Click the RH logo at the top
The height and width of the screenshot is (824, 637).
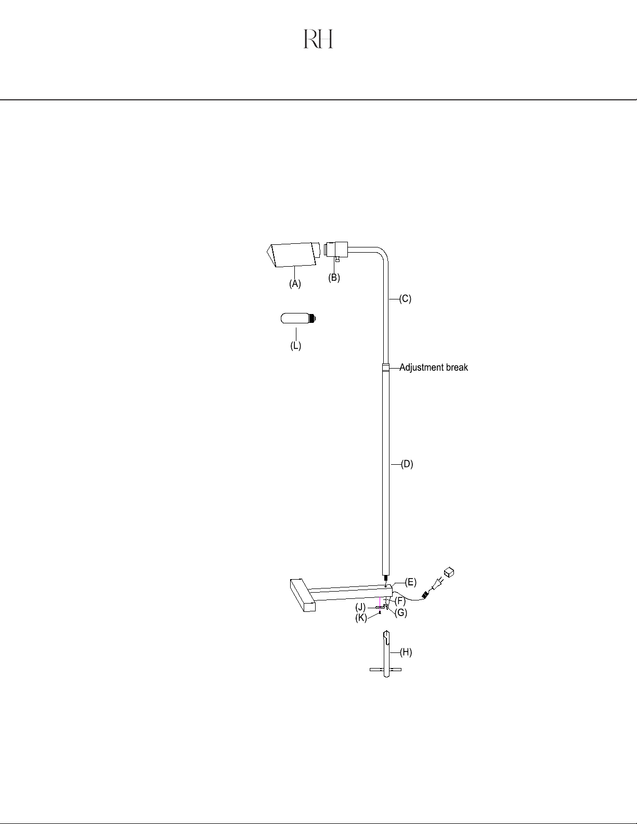[318, 39]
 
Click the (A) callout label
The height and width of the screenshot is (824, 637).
[295, 284]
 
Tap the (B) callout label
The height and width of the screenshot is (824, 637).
[334, 278]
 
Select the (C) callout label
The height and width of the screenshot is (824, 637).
[405, 299]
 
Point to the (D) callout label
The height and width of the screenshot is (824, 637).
[407, 464]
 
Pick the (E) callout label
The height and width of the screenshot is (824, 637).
[411, 582]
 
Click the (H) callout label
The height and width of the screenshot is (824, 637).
[406, 652]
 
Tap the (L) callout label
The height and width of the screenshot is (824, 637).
[296, 346]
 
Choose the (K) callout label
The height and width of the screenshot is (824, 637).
[361, 618]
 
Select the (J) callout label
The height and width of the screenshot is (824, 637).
[360, 607]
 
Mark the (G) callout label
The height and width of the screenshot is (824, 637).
[401, 613]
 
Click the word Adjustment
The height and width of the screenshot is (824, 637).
[421, 368]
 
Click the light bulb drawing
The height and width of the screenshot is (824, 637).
[298, 318]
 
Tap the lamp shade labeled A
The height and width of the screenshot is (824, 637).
[292, 255]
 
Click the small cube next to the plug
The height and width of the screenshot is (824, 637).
[449, 572]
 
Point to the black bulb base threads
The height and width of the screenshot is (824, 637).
[313, 318]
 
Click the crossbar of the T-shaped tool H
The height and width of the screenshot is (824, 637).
[386, 670]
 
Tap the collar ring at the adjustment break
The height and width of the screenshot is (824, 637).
[386, 367]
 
